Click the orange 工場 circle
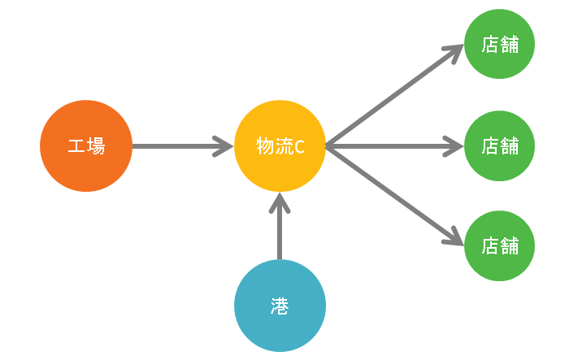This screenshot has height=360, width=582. point(86,146)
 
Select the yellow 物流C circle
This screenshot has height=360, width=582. point(280,146)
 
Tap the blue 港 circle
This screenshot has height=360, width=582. point(280,306)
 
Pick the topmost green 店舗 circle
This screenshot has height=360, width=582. point(500,44)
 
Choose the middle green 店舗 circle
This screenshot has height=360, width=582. point(500,146)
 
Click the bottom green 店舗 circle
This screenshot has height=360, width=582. point(500,245)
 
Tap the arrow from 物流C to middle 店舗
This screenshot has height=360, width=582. point(393,146)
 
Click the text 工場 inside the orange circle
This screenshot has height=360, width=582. point(86,146)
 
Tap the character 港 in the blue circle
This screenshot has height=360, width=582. point(280,306)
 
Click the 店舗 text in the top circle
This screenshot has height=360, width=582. point(500,44)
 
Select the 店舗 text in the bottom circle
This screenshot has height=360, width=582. point(500,245)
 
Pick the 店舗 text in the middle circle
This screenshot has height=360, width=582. point(500,146)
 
